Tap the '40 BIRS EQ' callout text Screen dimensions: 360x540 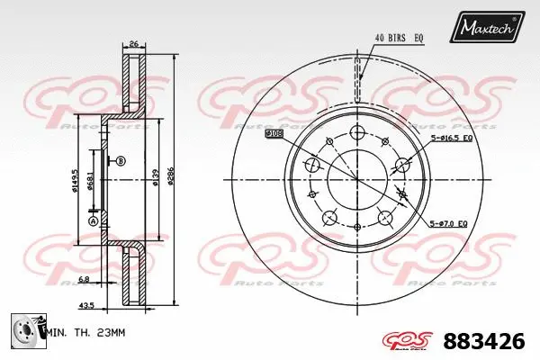[x=399, y=37]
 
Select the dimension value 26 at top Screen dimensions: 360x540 [x=133, y=42]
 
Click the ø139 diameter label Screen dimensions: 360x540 [x=154, y=179]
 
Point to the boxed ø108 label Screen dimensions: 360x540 [x=274, y=133]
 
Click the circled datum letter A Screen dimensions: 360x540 [x=91, y=220]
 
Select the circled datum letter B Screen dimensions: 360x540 [x=121, y=161]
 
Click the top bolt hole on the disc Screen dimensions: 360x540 [x=357, y=132]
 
